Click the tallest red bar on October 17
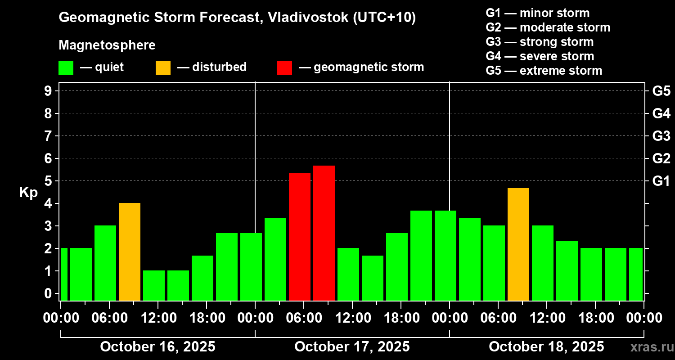(x=324, y=233)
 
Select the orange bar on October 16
(x=130, y=252)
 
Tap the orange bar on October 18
(x=518, y=244)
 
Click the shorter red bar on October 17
(x=300, y=237)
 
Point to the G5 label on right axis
(x=661, y=91)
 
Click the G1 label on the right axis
(x=661, y=181)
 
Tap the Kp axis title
(x=28, y=193)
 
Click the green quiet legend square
(x=66, y=68)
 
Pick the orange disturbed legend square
(x=163, y=68)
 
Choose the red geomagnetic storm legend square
(x=284, y=68)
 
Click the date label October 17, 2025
(x=352, y=347)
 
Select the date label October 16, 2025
(x=157, y=347)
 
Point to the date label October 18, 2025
(x=546, y=347)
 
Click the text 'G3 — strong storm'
(x=540, y=42)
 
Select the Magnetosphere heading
(x=107, y=45)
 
